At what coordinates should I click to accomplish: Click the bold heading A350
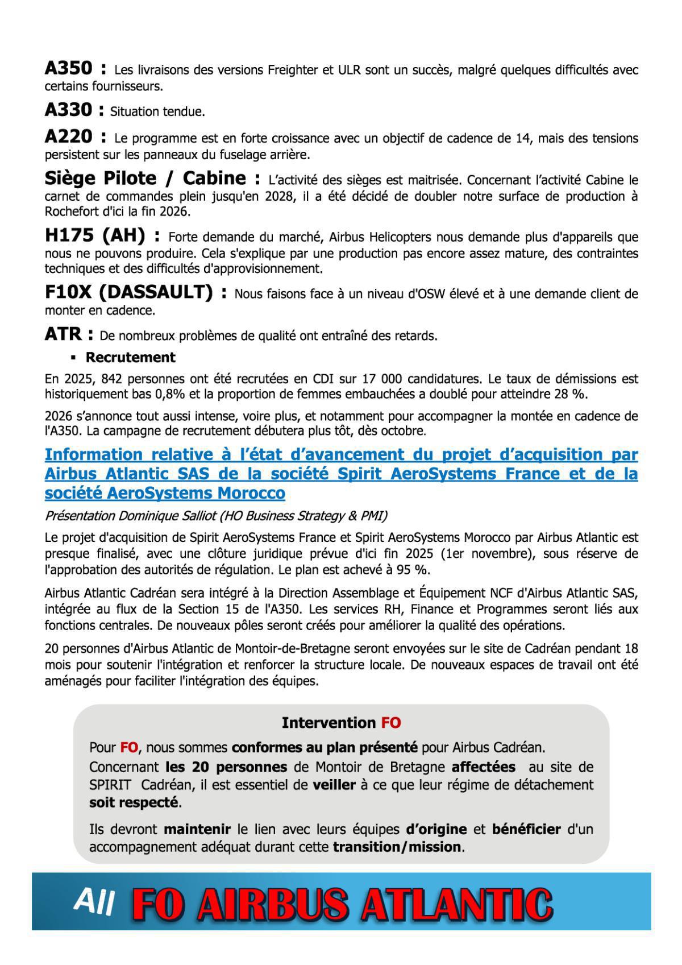coord(68,69)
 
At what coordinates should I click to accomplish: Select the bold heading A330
coord(68,110)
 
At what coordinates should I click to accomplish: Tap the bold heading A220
coord(68,137)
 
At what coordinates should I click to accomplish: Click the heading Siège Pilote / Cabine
coord(145,179)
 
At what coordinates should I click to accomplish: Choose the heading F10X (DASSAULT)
coord(128,292)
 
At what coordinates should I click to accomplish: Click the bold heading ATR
coord(63,334)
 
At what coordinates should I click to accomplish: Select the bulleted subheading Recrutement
coord(130,357)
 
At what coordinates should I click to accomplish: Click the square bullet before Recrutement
coord(73,358)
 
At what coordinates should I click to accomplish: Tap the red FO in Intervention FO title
coord(390,723)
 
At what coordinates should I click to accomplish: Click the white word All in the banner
coord(94,902)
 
